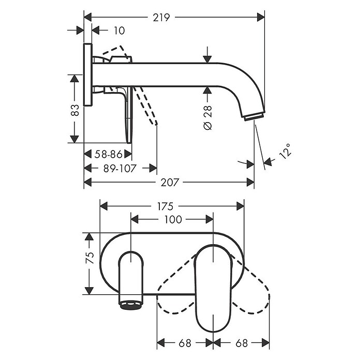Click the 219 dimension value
coord(161,18)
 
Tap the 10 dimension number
coord(119,31)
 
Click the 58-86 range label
coord(109,154)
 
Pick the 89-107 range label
coord(120,169)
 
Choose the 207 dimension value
coord(170,183)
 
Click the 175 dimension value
coord(165,206)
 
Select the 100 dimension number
coord(173,219)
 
